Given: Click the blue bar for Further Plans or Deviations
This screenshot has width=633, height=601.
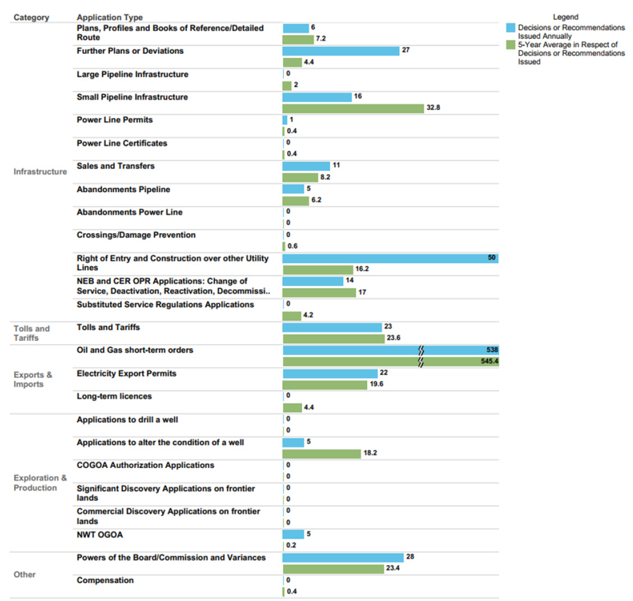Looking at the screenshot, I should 341,51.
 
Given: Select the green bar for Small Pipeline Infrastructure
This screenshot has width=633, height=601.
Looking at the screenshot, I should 353,108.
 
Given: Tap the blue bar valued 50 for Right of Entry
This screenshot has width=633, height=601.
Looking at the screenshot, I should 390,258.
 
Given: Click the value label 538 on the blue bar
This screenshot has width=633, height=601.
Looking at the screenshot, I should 492,350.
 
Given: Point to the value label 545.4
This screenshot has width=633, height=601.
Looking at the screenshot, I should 489,361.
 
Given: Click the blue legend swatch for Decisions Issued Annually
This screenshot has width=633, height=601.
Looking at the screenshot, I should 511,28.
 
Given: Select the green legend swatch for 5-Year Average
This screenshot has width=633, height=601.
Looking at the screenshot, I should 511,45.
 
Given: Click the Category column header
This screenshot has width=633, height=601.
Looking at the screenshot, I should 31,17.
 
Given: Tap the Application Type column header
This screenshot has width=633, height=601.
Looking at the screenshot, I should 110,17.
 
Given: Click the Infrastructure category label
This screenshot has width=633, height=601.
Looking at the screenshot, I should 40,172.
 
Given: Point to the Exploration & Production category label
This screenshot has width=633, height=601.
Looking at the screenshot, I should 39,482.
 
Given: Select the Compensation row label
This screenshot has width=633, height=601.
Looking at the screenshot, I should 105,580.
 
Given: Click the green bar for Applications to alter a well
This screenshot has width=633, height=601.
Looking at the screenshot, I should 321,454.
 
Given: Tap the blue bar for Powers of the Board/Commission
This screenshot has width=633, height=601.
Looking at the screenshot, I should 343,557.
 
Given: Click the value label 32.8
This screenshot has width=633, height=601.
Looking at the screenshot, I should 433,107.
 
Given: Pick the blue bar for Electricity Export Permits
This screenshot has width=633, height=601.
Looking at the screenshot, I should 330,374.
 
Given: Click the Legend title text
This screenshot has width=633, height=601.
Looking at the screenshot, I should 565,17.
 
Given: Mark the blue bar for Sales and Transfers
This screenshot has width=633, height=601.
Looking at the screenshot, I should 306,166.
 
